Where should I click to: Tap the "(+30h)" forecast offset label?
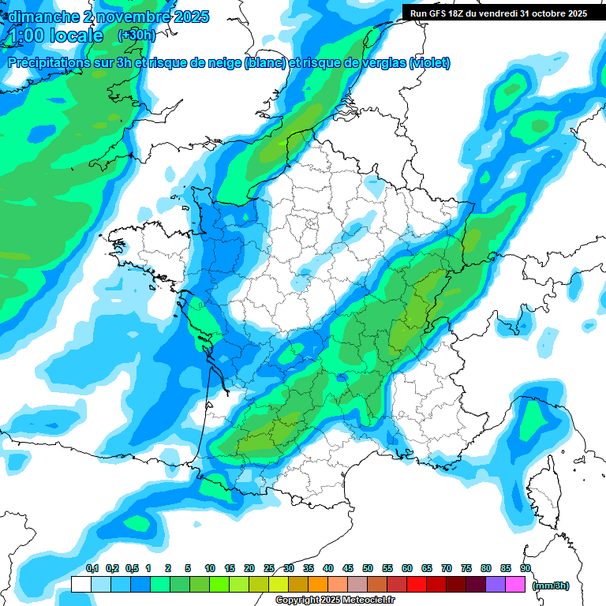click(x=137, y=36)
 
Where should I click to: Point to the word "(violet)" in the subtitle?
click(x=430, y=63)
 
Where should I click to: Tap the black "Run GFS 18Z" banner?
click(x=499, y=13)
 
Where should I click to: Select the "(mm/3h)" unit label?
click(x=551, y=585)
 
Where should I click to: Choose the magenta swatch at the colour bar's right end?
click(x=515, y=585)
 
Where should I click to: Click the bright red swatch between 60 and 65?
click(x=417, y=585)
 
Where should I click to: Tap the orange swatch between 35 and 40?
click(x=318, y=585)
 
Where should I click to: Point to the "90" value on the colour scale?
click(x=525, y=568)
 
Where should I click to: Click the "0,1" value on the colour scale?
click(x=92, y=568)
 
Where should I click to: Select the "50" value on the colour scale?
click(x=368, y=568)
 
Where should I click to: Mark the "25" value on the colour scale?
click(x=269, y=568)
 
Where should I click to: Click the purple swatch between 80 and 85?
click(x=496, y=585)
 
